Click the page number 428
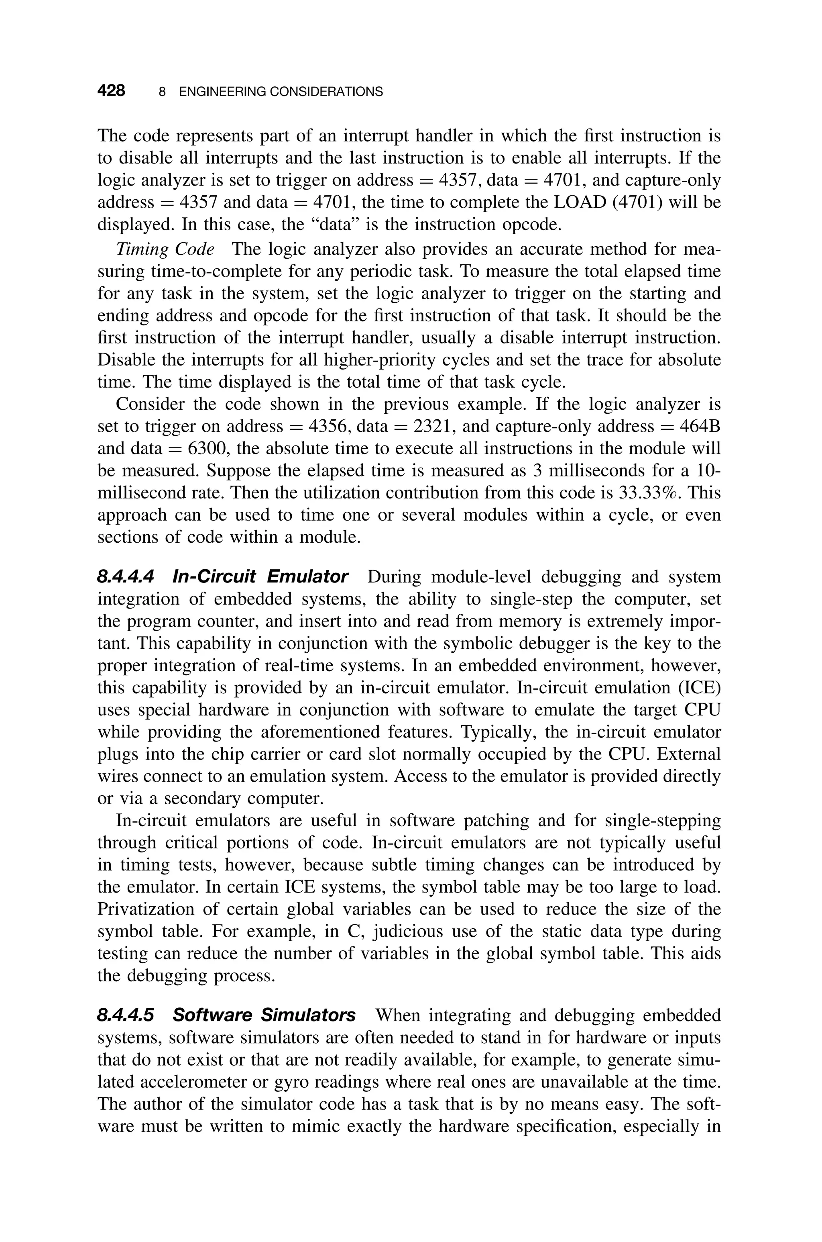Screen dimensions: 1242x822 [111, 91]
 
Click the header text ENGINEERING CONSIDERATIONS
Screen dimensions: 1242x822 [281, 92]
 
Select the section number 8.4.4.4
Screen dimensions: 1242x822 [126, 577]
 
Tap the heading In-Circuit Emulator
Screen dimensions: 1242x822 [260, 577]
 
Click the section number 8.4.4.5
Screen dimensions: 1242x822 [126, 1015]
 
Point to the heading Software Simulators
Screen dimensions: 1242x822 [264, 1015]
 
